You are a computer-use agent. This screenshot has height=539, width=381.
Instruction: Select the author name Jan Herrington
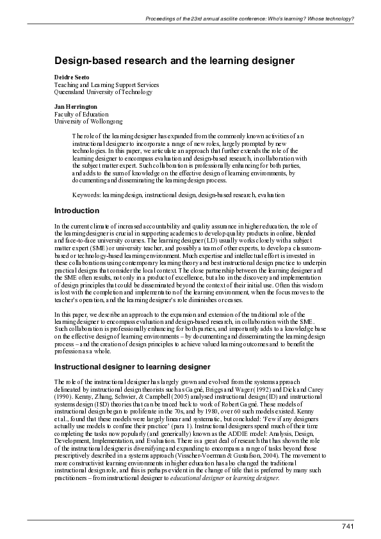[76, 106]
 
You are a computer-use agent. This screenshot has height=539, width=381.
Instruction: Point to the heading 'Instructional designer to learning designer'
[132, 367]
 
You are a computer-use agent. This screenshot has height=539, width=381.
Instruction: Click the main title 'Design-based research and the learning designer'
[174, 61]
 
